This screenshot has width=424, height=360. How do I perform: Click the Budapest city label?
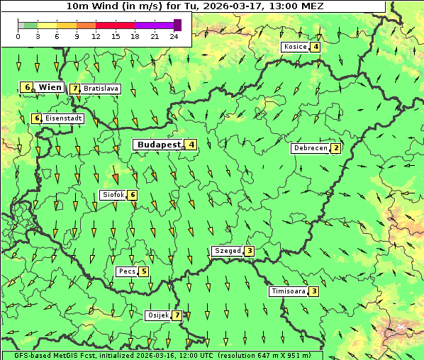click(x=159, y=145)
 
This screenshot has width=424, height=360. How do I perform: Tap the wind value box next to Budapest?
click(x=191, y=145)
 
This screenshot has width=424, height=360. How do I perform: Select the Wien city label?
click(x=50, y=87)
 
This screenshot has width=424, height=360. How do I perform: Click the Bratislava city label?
click(x=101, y=89)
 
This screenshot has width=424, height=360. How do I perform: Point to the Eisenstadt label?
click(x=64, y=118)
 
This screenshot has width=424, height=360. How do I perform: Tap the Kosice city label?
click(x=294, y=47)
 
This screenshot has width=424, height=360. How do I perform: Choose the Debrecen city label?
click(x=310, y=149)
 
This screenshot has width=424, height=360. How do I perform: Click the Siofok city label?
click(x=113, y=195)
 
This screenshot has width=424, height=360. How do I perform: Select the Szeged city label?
click(x=228, y=251)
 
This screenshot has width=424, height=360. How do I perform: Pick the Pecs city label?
click(x=127, y=271)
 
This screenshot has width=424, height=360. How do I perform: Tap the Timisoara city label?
click(x=288, y=291)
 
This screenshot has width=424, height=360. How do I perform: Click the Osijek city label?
click(x=157, y=315)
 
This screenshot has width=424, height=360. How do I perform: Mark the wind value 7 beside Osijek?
click(x=177, y=315)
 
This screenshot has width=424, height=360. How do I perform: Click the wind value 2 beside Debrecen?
click(x=335, y=149)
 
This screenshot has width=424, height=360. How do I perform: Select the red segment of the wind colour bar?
click(x=115, y=25)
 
